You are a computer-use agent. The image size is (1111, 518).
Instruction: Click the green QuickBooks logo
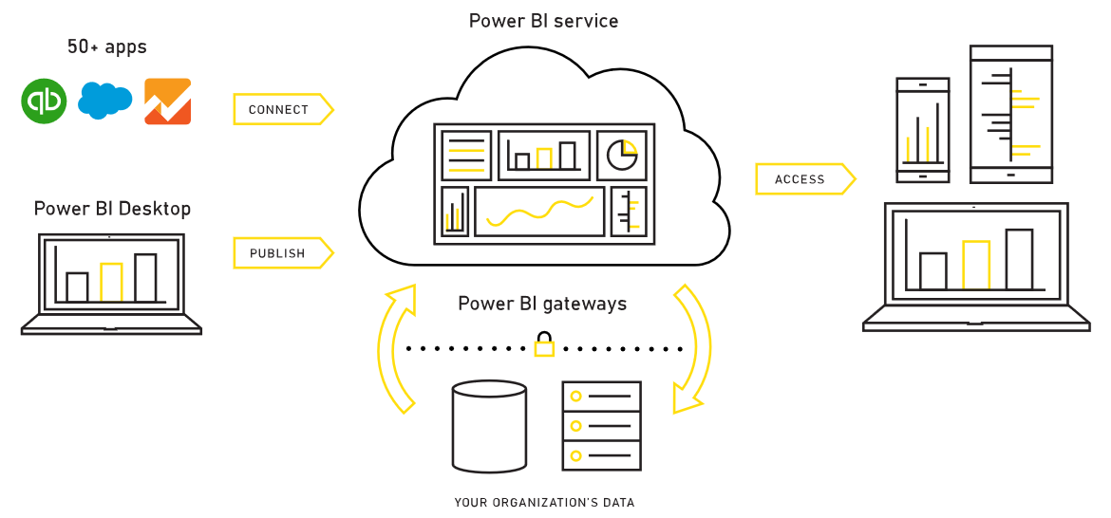[x=44, y=101]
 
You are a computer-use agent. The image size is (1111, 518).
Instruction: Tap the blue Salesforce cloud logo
[x=104, y=101]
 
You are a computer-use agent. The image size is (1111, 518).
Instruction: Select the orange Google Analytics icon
[x=167, y=101]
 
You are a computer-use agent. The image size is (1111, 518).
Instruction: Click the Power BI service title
[x=543, y=21]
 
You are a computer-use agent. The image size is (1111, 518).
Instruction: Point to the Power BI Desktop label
[x=112, y=209]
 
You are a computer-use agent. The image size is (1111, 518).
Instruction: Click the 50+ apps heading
[x=106, y=46]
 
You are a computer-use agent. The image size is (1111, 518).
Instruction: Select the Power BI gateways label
[x=542, y=304]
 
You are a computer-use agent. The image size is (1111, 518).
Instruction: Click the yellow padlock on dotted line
[x=544, y=344]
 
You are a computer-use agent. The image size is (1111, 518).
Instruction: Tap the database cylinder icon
[x=489, y=426]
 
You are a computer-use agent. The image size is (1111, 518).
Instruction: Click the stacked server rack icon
[x=602, y=425]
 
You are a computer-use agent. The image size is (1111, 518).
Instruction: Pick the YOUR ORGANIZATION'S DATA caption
[x=544, y=503]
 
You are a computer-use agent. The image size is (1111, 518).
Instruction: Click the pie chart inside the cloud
[x=622, y=155]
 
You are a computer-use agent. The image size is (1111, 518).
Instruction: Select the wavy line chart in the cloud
[x=539, y=212]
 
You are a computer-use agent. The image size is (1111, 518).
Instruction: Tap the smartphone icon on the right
[x=922, y=130]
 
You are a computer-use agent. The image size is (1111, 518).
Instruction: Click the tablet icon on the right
[x=1010, y=114]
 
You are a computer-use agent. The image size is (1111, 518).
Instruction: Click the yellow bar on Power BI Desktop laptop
[x=112, y=282]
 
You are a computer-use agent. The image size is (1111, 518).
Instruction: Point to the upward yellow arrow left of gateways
[x=394, y=346]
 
